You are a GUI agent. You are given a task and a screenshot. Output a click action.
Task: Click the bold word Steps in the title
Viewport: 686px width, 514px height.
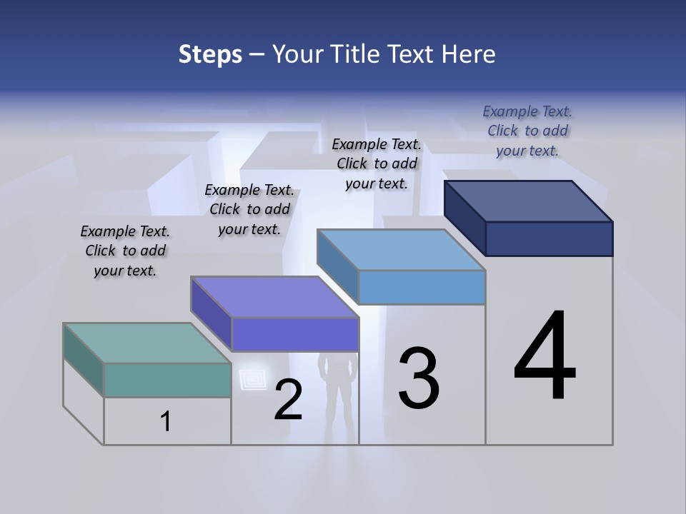point(210,54)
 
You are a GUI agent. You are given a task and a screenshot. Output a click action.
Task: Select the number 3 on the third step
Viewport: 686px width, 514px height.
point(419,378)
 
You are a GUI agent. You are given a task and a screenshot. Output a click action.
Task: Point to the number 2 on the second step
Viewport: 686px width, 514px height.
point(288,400)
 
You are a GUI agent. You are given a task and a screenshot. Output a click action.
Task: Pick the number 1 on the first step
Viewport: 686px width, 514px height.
point(166,422)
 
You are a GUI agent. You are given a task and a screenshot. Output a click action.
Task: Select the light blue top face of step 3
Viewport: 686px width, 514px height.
point(401,250)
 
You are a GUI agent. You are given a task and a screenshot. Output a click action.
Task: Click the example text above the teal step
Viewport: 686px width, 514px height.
point(125,251)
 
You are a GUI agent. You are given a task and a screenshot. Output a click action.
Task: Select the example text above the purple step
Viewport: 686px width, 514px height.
point(249,209)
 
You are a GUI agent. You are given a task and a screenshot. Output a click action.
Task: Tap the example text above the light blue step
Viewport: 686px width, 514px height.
point(377,163)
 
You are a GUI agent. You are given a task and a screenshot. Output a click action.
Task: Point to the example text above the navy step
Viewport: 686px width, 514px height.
point(527,131)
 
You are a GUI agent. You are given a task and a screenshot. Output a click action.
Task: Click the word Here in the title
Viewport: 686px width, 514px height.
point(468,54)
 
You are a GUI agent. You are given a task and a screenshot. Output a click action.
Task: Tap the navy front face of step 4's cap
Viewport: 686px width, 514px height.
point(549,238)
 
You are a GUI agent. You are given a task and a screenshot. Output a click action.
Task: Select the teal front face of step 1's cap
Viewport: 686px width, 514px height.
point(167,380)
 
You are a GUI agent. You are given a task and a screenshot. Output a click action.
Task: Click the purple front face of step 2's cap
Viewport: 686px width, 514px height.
point(294,334)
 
